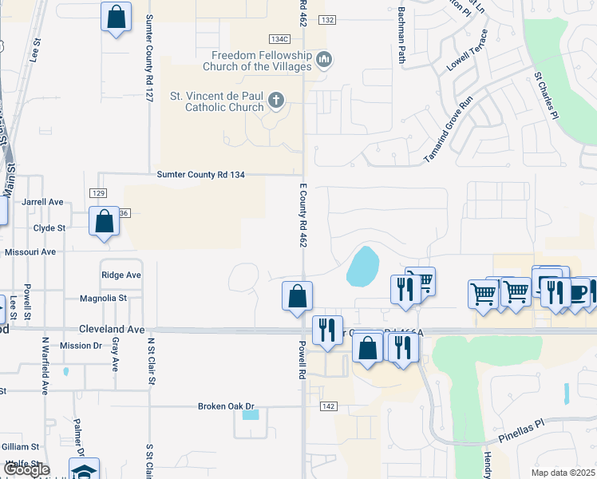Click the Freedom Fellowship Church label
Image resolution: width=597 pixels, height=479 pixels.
click(x=261, y=61)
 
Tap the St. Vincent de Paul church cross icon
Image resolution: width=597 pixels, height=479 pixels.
click(x=276, y=101)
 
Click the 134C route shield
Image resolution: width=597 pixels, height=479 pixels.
click(x=279, y=39)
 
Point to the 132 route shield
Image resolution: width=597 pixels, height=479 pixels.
click(x=329, y=19)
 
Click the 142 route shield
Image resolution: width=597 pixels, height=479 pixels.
click(x=328, y=406)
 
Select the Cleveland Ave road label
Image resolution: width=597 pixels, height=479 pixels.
click(x=112, y=329)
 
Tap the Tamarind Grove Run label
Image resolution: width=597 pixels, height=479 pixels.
click(x=449, y=129)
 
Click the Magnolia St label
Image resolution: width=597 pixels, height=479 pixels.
click(x=104, y=299)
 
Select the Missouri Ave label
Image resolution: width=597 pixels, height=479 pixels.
click(x=30, y=251)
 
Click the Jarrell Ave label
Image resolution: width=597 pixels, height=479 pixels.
click(x=43, y=202)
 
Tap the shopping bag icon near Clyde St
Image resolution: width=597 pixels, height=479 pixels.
click(x=105, y=221)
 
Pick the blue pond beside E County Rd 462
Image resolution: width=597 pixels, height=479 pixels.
click(x=363, y=267)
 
